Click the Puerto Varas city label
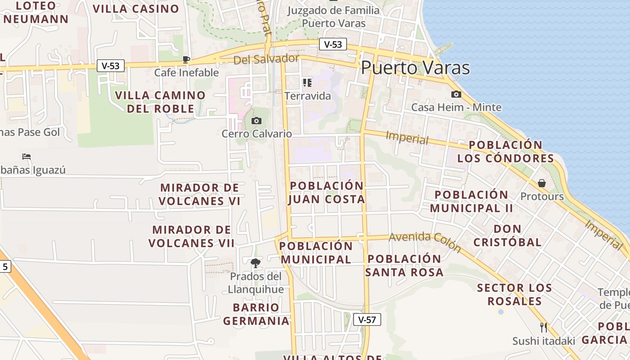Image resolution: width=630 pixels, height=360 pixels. [415, 68]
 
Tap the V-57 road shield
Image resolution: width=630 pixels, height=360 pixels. [367, 319]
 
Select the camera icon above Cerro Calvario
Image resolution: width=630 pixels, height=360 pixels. [256, 121]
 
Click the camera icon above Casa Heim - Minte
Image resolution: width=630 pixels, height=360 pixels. [456, 94]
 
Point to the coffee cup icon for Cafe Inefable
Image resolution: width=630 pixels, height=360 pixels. [186, 59]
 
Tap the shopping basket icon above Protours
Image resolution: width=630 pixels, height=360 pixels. [542, 183]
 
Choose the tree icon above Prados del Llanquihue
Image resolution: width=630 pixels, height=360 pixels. [255, 263]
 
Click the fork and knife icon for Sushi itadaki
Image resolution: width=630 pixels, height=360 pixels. [544, 327]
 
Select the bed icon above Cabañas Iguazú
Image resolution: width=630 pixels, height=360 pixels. [27, 157]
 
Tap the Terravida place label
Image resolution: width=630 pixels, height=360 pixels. [307, 96]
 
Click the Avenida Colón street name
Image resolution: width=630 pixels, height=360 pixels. [425, 242]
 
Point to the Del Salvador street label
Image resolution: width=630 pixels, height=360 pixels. [266, 59]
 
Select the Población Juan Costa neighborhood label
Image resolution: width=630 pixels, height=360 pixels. [327, 193]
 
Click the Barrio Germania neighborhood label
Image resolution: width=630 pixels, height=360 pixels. [256, 314]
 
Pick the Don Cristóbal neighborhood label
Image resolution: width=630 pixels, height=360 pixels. [508, 235]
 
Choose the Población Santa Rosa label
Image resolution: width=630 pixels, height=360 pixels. [404, 265]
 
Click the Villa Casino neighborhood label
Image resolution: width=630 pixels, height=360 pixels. [136, 9]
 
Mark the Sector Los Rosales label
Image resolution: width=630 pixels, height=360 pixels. [514, 294]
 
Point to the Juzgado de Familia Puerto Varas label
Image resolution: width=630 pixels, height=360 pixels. [333, 17]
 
